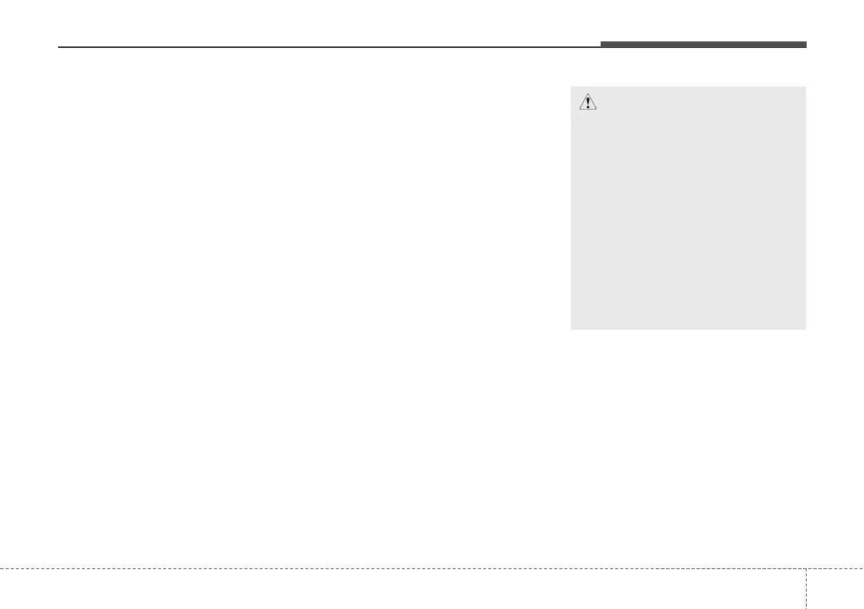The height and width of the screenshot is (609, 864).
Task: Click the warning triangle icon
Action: (588, 102)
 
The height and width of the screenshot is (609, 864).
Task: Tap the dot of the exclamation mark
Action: (588, 107)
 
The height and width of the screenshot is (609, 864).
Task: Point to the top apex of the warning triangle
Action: (588, 95)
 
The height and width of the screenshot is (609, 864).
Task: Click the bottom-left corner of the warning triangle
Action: (579, 110)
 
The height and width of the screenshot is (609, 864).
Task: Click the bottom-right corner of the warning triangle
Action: (597, 110)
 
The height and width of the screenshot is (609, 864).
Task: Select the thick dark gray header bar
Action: (703, 45)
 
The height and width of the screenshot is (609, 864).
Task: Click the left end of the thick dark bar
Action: (601, 45)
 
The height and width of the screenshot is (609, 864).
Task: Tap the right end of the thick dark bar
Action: (805, 45)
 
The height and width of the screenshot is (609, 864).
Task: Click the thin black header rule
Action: (326, 48)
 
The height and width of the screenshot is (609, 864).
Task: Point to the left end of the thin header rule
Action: (59, 48)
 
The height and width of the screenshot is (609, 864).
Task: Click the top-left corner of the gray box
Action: (572, 87)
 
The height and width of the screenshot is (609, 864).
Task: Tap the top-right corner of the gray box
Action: (805, 87)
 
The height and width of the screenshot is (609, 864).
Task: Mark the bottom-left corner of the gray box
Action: (572, 329)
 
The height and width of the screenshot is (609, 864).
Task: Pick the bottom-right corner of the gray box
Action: (805, 329)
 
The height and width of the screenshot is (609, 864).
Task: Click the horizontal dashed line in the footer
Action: (399, 568)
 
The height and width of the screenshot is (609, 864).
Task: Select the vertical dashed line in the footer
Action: (806, 588)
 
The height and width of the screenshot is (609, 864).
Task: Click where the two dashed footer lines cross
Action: (806, 568)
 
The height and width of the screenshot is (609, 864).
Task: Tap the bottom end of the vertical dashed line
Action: (806, 608)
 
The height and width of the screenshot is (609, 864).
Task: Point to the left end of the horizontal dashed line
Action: (1, 568)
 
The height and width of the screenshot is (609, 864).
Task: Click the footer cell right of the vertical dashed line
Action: (834, 589)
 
